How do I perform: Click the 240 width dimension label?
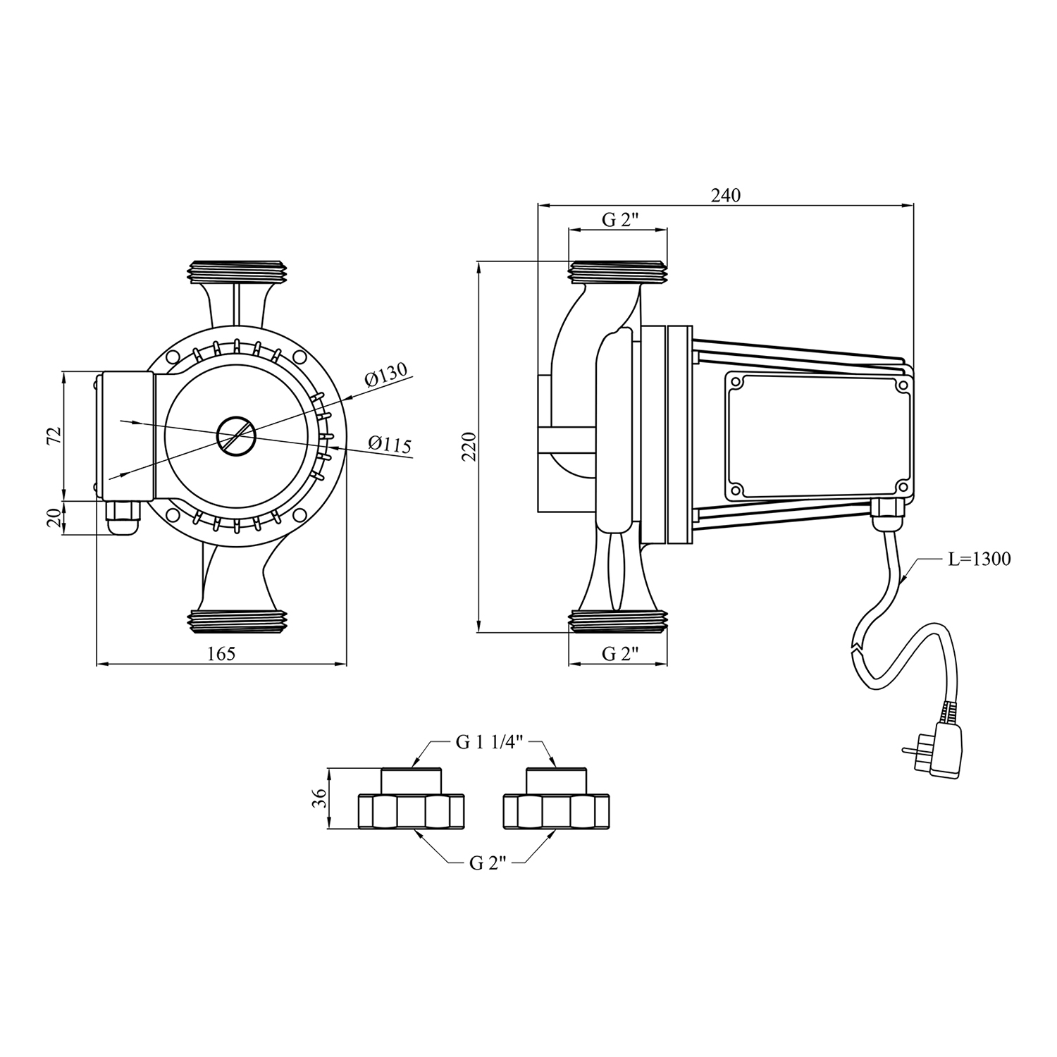(726, 195)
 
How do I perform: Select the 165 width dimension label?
(221, 654)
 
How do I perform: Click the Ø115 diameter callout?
(390, 445)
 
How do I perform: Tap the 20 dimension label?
(54, 519)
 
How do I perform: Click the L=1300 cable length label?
(979, 560)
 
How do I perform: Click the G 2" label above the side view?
(619, 219)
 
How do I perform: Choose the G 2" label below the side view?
(619, 654)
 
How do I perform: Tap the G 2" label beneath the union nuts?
(488, 863)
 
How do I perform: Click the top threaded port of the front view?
(239, 272)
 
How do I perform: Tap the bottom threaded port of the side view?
(618, 620)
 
